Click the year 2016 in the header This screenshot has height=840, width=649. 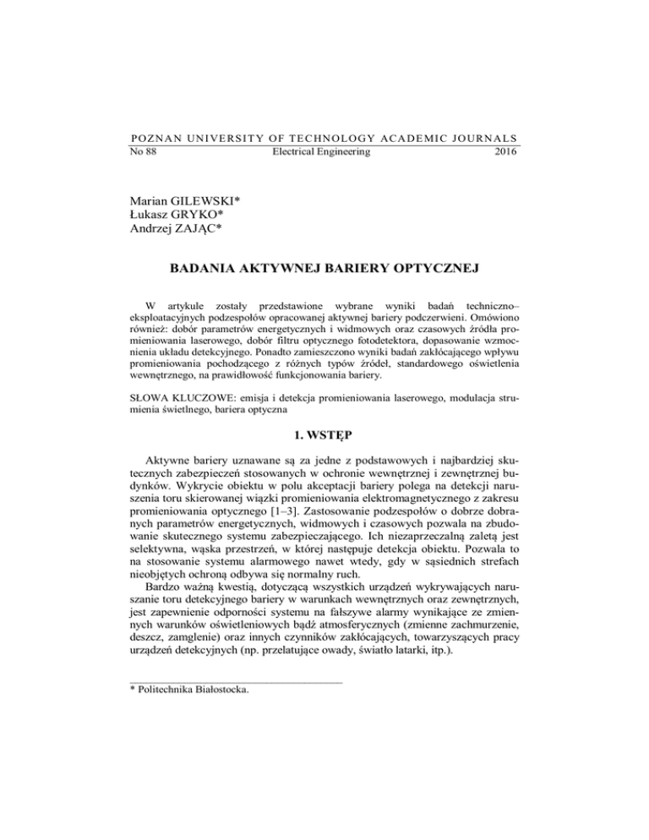pos(505,153)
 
